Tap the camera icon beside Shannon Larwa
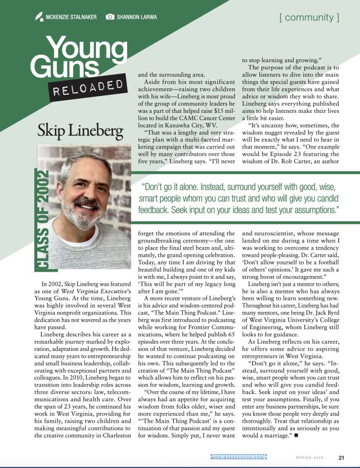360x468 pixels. pos(110,17)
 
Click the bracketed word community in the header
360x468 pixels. pos(309,18)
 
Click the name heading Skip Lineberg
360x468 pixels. pos(81,131)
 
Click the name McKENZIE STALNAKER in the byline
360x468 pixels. pos(71,17)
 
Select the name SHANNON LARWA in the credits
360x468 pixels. pos(137,17)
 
